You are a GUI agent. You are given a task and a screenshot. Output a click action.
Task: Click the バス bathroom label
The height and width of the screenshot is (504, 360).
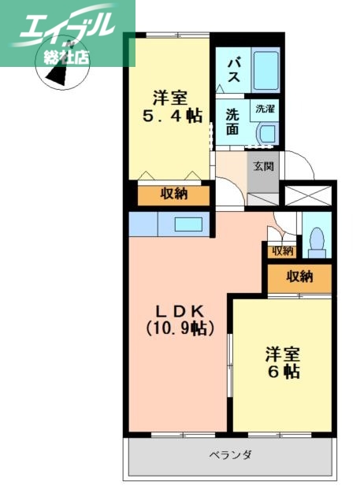click(234, 69)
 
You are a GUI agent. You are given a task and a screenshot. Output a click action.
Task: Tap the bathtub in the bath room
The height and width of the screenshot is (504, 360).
click(265, 69)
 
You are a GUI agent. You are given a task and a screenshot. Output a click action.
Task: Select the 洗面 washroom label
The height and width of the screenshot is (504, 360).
click(232, 122)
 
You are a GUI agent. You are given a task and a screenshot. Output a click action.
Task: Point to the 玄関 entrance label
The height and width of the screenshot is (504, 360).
click(263, 166)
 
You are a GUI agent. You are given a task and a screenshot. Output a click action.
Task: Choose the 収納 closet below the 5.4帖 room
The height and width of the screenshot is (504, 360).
click(173, 195)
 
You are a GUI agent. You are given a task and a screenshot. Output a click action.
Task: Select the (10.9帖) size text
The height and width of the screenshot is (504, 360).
click(179, 328)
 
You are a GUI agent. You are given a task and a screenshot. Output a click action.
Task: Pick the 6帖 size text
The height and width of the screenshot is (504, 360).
click(281, 371)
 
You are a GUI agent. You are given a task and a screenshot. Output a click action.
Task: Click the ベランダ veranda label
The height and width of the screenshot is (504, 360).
click(230, 455)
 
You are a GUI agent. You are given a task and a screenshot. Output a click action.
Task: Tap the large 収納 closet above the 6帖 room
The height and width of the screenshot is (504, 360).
click(299, 277)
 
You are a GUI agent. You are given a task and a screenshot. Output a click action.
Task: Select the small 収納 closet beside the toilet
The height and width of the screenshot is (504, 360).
click(281, 251)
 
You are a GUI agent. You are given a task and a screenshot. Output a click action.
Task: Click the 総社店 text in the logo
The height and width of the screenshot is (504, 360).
click(67, 57)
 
